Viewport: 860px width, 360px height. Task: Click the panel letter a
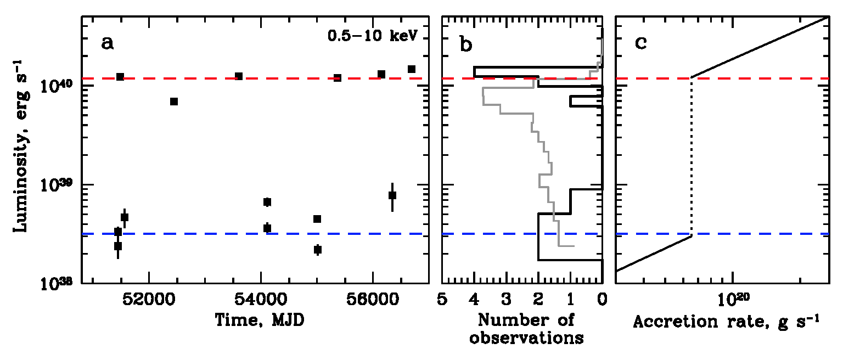[x=108, y=43]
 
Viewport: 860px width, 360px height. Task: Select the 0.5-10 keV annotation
[x=373, y=36]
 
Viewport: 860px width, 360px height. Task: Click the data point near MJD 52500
[x=174, y=102]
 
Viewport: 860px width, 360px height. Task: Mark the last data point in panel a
[x=412, y=69]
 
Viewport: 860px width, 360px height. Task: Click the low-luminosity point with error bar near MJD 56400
[x=392, y=195]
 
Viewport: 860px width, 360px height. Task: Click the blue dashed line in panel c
[x=768, y=234]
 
